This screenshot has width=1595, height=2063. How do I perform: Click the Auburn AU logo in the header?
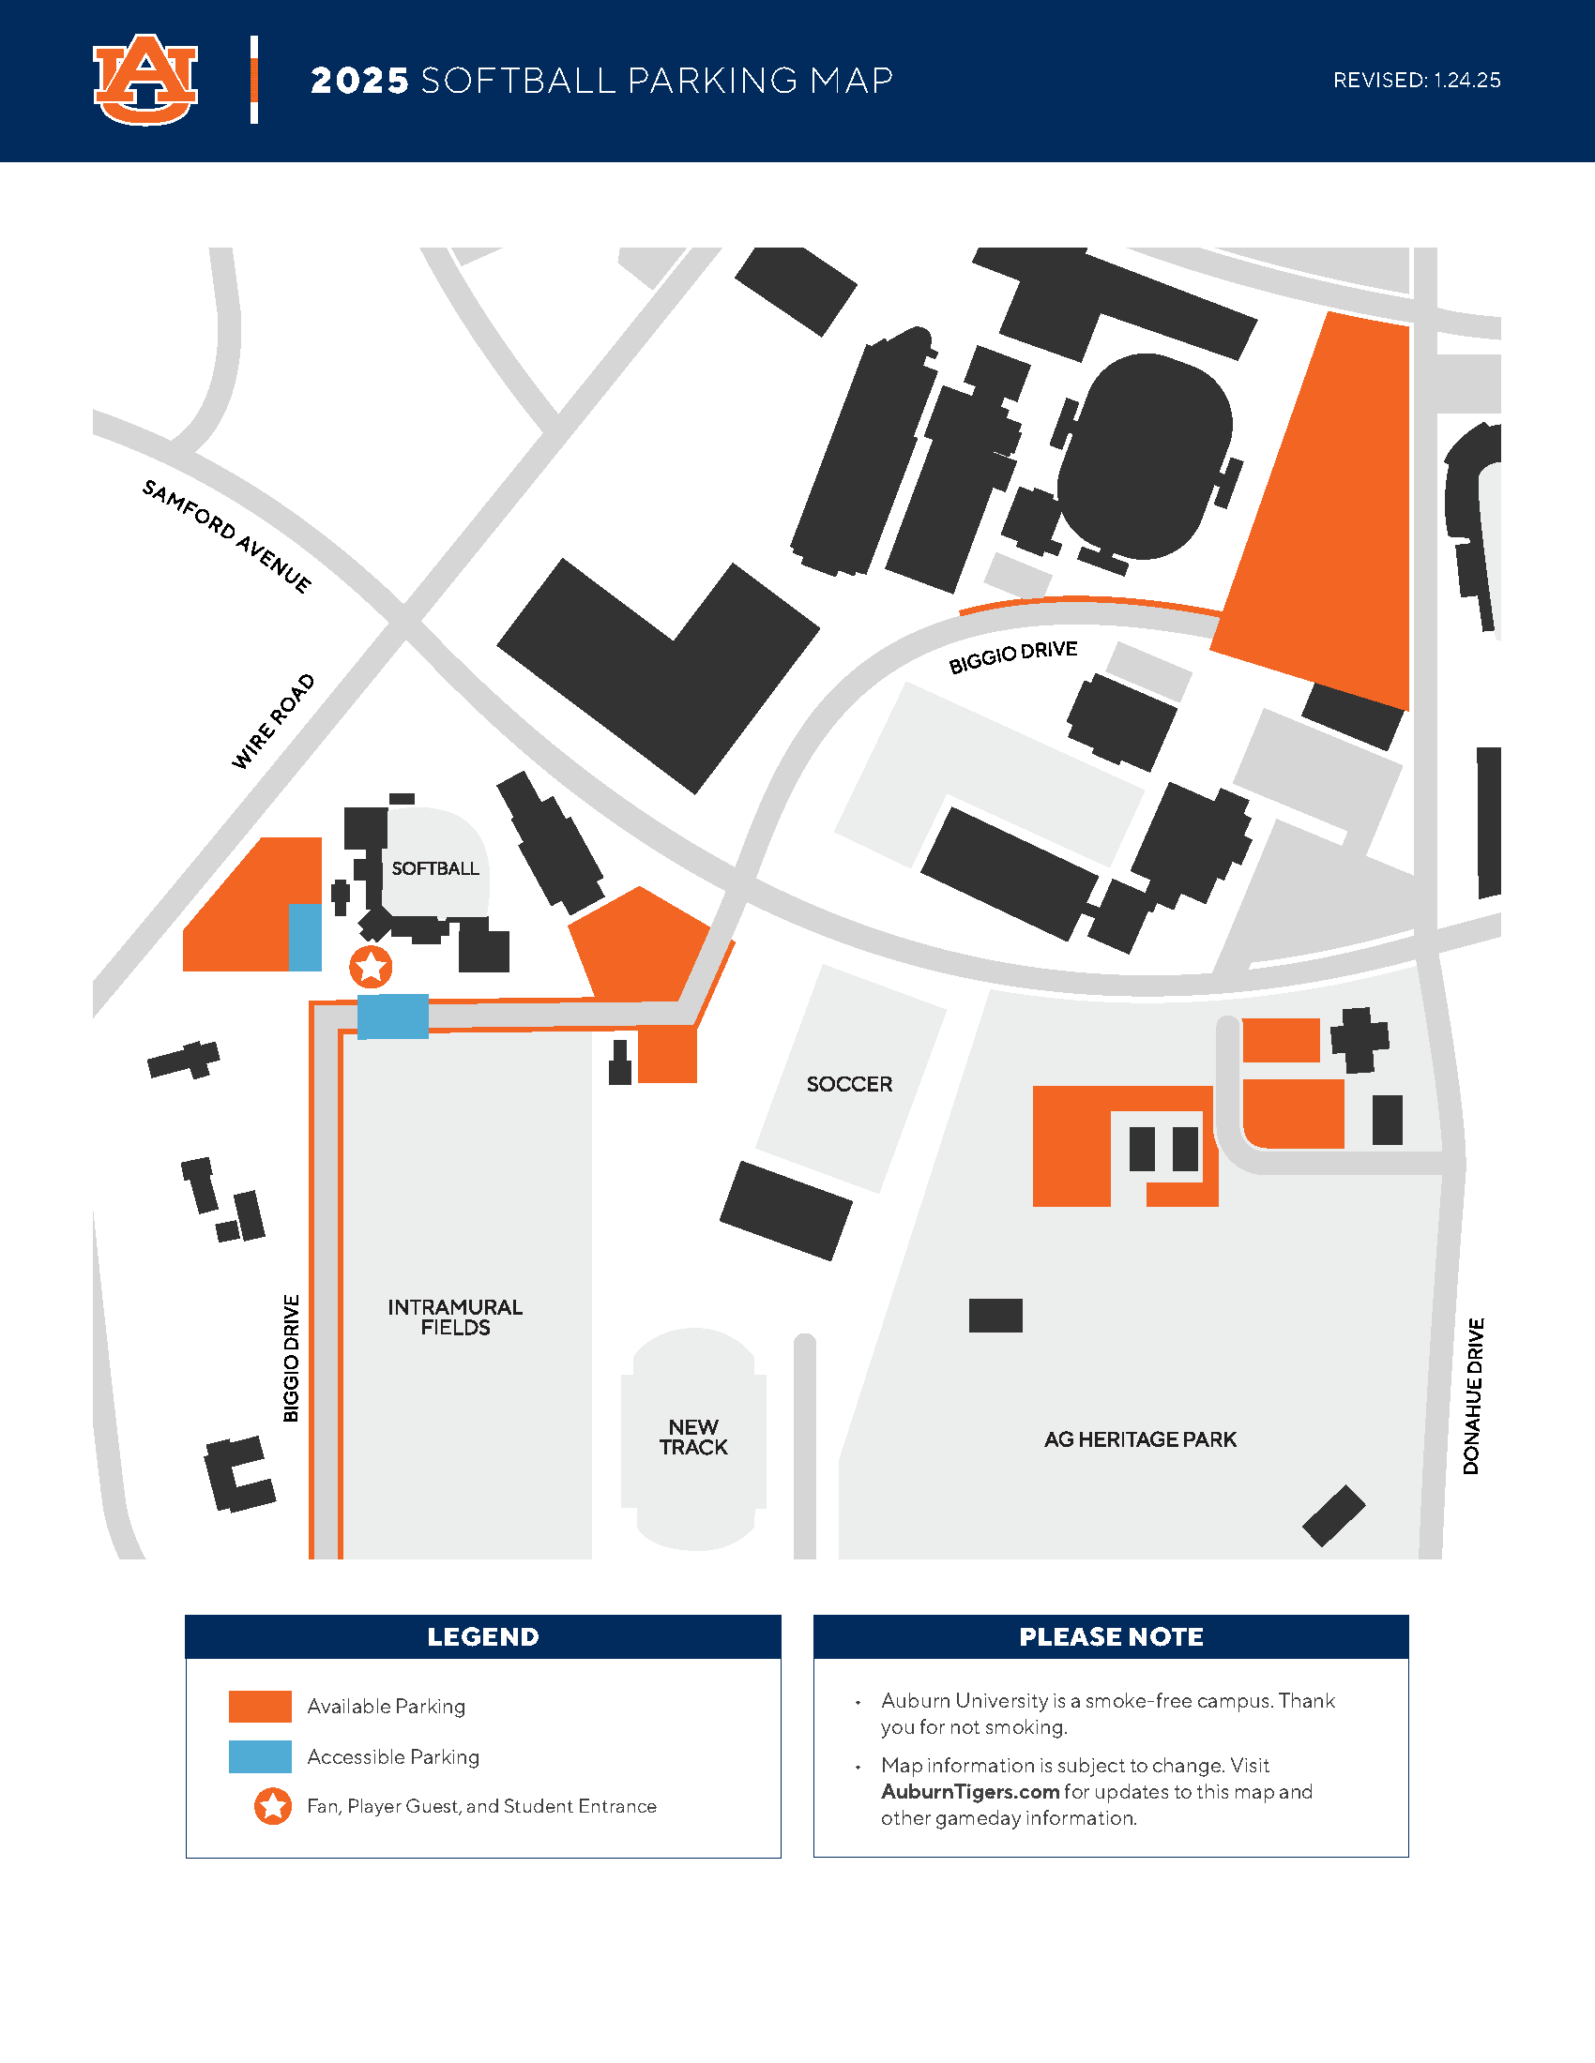tap(145, 81)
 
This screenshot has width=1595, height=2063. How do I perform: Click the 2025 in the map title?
tap(359, 82)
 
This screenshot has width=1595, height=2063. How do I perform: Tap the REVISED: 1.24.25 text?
tap(1416, 81)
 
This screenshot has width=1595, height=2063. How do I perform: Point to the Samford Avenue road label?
tap(226, 535)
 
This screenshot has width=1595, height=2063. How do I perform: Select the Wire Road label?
tap(273, 722)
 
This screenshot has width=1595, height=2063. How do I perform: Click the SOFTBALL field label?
tap(434, 868)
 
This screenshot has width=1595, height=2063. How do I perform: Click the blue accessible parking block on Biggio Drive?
tap(393, 1016)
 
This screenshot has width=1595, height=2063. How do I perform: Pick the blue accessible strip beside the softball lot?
tap(304, 937)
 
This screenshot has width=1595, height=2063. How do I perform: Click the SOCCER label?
tap(848, 1083)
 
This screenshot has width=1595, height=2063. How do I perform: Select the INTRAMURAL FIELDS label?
tap(454, 1317)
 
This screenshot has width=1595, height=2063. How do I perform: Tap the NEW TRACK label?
tap(693, 1437)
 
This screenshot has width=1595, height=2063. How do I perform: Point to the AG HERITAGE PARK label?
tap(1140, 1439)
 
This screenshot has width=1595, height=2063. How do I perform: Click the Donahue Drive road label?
tap(1473, 1395)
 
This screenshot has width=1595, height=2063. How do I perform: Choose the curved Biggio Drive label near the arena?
tap(1013, 656)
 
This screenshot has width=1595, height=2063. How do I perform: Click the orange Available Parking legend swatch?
tap(260, 1706)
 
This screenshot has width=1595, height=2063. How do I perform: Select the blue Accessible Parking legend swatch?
tap(260, 1756)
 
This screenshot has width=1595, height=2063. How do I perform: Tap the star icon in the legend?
tap(273, 1806)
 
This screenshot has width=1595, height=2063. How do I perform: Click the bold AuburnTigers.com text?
tap(969, 1791)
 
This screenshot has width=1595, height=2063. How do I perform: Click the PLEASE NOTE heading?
tap(1110, 1637)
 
